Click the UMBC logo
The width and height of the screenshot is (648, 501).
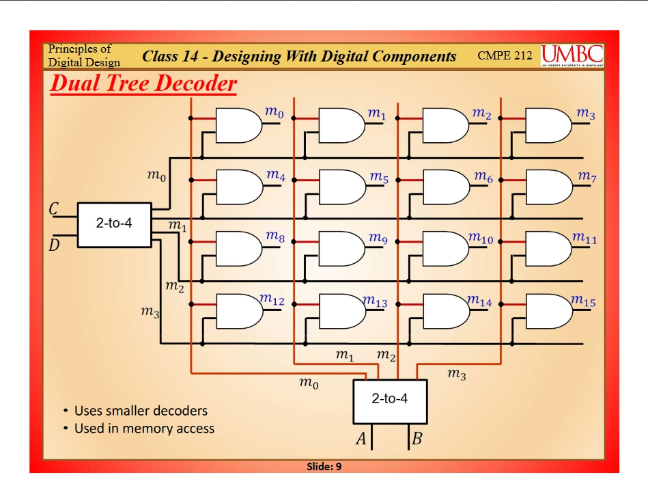(572, 55)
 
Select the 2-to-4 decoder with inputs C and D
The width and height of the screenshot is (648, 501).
(114, 224)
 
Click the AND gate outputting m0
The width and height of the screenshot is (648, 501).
(238, 125)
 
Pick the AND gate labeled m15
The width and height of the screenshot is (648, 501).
(548, 311)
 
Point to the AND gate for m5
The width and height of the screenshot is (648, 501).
(341, 187)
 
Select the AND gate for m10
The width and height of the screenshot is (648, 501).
(445, 249)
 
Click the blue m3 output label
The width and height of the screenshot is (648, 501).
(586, 114)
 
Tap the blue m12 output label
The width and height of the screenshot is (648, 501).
(273, 300)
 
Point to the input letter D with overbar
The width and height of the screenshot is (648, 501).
(53, 244)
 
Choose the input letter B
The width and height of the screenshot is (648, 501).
(417, 439)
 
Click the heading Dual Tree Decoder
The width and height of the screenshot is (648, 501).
(143, 83)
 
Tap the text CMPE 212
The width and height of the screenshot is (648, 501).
(505, 55)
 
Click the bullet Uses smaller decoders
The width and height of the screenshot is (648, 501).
(140, 411)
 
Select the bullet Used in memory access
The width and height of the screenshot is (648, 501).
(143, 429)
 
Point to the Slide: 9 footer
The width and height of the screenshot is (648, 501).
(324, 466)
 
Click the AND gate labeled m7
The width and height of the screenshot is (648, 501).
(548, 187)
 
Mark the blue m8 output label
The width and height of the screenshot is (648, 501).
(275, 237)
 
